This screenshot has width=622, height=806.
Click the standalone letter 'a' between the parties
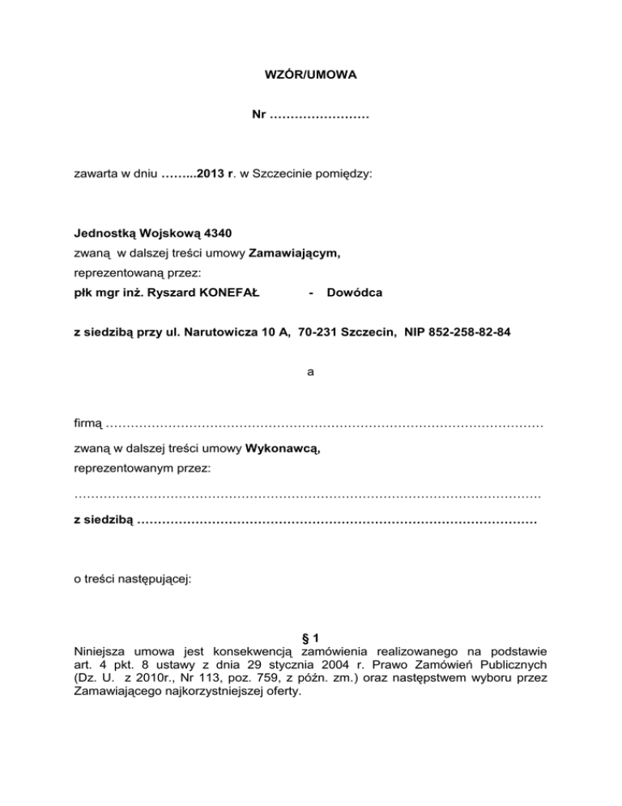point(311,372)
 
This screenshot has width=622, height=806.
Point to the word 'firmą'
point(87,422)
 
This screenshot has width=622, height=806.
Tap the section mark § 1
point(311,637)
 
